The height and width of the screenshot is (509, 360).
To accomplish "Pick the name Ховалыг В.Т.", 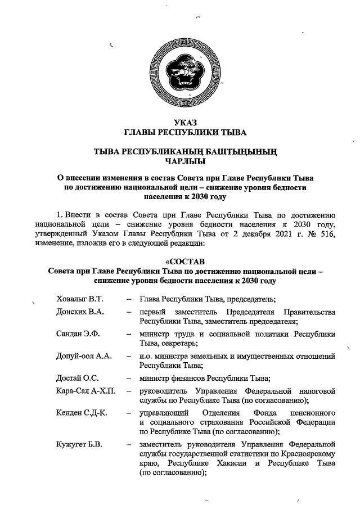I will tap(80, 299).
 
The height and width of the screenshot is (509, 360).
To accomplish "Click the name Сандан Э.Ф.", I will tap(78, 334).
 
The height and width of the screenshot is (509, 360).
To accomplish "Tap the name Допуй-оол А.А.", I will tap(84, 356).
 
